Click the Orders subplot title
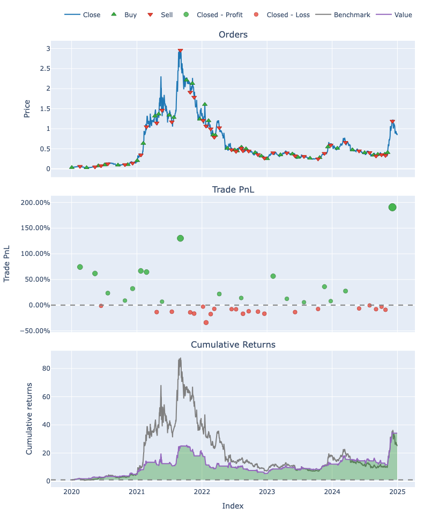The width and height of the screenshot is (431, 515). (x=233, y=35)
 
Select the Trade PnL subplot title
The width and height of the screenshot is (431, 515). (x=233, y=189)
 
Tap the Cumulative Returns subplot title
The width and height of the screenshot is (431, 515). (x=233, y=344)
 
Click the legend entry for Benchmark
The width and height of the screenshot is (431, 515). (x=352, y=14)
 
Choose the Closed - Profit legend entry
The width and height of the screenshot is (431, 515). (x=219, y=14)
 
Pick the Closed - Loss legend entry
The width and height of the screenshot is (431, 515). (x=288, y=14)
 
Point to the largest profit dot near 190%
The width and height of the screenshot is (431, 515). (x=392, y=207)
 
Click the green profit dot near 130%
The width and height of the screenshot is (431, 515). (x=180, y=238)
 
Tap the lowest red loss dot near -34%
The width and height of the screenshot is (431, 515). (x=206, y=322)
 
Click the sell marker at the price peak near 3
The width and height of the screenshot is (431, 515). (x=180, y=51)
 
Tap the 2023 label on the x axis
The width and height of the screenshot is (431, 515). (x=267, y=492)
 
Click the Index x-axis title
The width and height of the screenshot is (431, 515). (x=233, y=505)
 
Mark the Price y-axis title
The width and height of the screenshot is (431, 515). (x=27, y=108)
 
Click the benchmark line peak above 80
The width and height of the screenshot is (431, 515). (x=180, y=358)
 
